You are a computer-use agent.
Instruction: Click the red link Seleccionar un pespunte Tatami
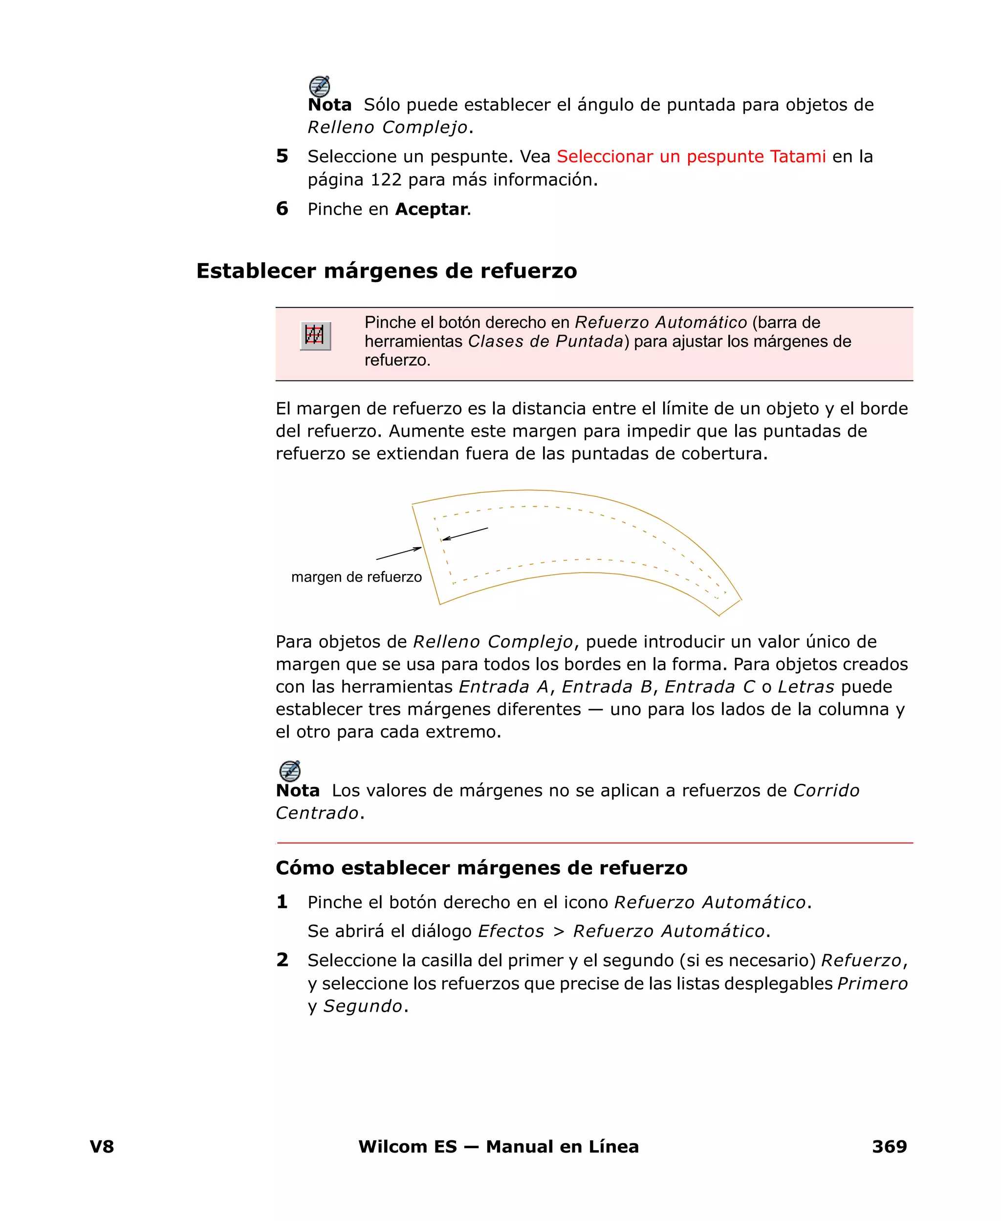691,156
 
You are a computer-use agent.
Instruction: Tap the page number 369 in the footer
889,1146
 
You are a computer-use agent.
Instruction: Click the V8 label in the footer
102,1146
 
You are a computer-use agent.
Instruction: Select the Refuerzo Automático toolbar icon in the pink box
315,335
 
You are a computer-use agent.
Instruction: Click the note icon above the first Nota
320,87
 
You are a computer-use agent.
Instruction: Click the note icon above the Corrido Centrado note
289,771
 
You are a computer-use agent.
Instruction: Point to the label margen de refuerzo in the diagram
356,577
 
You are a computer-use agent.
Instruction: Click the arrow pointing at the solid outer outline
399,553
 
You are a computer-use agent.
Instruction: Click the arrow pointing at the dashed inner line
465,533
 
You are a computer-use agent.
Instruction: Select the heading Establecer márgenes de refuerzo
386,270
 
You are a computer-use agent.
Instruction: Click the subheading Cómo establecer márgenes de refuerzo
481,867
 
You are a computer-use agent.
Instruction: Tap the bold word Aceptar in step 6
431,209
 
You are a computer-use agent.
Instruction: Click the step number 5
282,156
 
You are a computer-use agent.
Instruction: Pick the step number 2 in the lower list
282,960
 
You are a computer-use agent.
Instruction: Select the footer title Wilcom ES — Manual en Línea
498,1146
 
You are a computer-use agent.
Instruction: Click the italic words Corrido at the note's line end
826,790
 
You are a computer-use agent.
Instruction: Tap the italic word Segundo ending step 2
363,1006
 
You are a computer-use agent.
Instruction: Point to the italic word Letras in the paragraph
805,687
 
